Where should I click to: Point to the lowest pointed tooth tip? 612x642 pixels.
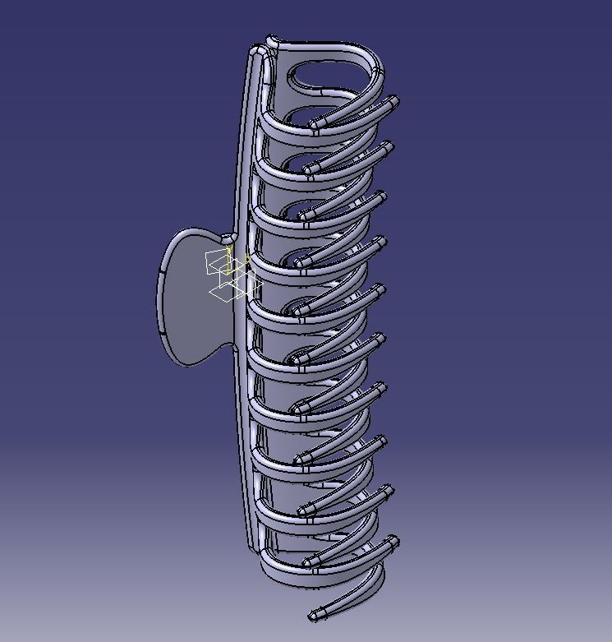pos(315,614)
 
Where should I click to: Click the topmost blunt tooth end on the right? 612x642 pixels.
pos(393,102)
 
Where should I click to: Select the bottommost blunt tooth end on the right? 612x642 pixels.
pos(393,542)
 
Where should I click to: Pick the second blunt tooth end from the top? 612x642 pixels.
pos(387,148)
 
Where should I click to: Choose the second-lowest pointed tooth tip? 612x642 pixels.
pos(310,561)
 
